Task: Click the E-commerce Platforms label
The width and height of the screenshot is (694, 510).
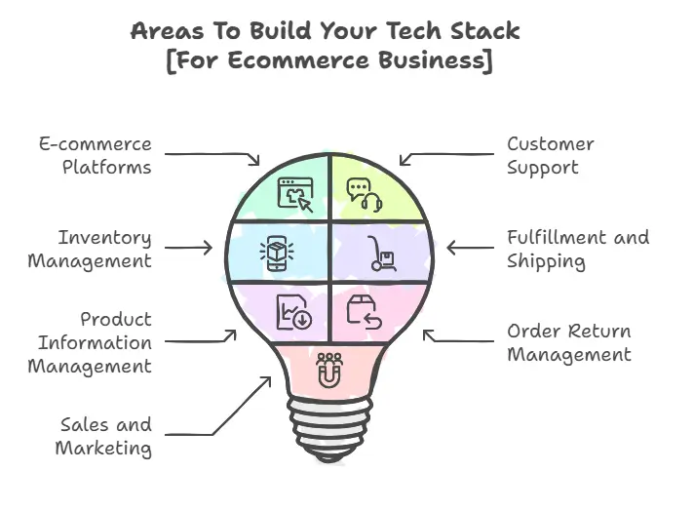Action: (96, 155)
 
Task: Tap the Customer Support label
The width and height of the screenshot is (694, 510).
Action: (550, 155)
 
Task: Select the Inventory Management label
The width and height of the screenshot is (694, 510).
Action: (90, 249)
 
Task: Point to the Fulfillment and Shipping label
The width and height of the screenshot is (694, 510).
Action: (577, 249)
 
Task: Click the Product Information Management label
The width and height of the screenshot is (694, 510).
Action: (90, 342)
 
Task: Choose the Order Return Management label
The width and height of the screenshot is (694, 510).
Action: (568, 342)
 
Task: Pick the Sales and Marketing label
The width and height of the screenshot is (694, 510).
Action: (105, 436)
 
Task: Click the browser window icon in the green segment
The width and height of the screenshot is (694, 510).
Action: (295, 194)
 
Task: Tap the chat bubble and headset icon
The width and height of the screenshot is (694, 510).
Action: (365, 195)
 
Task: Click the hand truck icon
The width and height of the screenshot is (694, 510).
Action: (381, 254)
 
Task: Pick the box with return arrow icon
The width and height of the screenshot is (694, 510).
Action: (363, 311)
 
